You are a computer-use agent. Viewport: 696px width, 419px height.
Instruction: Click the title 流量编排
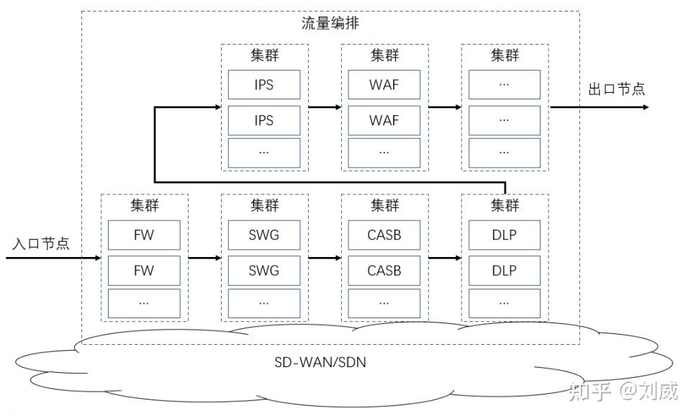tap(330, 23)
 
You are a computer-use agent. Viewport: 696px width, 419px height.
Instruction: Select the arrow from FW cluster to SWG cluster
tap(204, 256)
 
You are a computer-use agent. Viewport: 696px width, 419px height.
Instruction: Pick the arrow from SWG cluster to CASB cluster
tap(325, 256)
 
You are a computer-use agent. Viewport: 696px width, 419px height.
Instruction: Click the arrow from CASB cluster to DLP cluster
tap(445, 256)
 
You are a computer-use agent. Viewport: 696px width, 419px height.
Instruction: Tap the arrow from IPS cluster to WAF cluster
tap(325, 107)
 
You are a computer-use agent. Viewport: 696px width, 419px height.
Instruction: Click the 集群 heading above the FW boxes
tap(144, 206)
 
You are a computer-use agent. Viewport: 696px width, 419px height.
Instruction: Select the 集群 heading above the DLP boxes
tap(505, 206)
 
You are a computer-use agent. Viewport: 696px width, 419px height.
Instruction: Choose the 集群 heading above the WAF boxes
tap(384, 55)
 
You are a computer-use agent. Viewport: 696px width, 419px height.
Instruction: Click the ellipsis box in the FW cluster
tap(144, 303)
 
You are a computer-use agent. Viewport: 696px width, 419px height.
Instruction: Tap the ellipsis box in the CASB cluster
tap(384, 303)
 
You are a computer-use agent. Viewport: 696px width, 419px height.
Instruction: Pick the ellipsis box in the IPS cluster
tap(264, 153)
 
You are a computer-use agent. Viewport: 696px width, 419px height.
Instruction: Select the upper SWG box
tap(264, 235)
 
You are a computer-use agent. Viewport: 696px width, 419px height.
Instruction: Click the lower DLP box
tap(505, 271)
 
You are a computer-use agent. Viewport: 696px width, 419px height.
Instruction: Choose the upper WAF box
tap(384, 85)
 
